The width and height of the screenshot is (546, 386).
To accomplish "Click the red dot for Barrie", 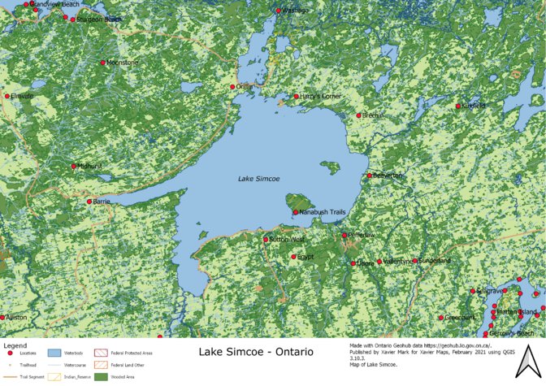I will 89,202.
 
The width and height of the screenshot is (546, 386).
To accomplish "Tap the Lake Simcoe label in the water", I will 258,179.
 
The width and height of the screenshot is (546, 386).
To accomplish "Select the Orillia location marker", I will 232,87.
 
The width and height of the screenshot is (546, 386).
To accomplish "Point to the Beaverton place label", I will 387,176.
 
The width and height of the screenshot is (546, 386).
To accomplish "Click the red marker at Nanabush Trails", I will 296,213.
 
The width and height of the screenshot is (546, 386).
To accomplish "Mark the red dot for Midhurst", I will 73,167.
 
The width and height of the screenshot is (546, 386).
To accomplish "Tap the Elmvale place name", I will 22,96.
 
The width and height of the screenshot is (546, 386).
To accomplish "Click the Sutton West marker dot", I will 266,240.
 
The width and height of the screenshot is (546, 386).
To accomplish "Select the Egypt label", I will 305,257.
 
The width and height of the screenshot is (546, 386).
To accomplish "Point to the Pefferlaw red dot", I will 344,236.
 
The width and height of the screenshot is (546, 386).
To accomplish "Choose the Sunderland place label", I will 434,261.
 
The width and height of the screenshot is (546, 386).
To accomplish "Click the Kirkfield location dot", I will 458,106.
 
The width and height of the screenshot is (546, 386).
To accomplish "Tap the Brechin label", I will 373,115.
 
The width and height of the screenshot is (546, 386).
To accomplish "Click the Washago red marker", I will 279,11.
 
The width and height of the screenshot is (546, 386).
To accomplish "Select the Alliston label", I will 16,317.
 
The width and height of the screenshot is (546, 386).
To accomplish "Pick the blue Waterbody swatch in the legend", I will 55,354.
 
